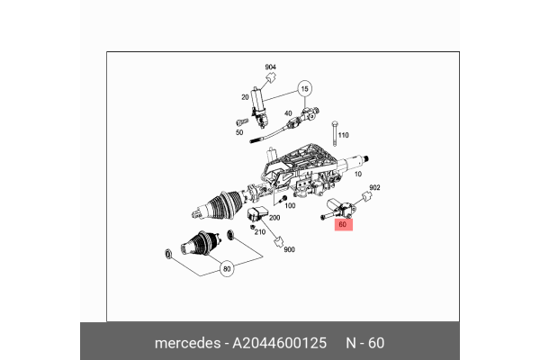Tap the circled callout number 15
[x=304, y=90]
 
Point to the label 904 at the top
[x=270, y=68]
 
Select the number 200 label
[x=274, y=218]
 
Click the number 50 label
[x=239, y=132]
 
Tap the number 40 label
[x=289, y=112]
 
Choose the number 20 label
[x=244, y=97]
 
